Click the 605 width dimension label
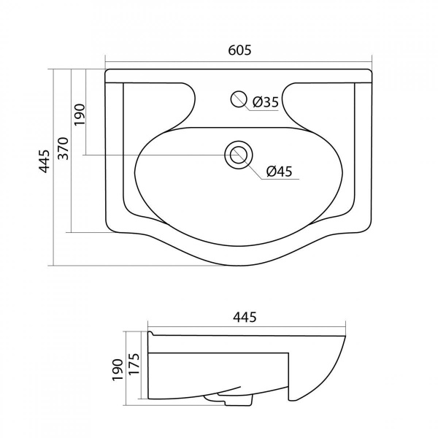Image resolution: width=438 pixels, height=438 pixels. (x=239, y=50)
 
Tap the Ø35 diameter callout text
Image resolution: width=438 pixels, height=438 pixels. (x=266, y=102)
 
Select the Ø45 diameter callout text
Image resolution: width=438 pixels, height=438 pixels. (x=279, y=172)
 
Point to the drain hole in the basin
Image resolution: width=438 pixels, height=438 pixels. (x=239, y=155)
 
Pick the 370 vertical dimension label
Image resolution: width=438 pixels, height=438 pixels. (x=64, y=148)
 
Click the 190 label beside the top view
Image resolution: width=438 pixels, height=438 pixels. (x=79, y=115)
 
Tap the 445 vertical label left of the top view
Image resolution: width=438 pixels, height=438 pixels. (x=44, y=161)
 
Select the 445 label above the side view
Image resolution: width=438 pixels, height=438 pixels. (x=245, y=317)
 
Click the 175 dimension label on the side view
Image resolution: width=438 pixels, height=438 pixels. (x=134, y=364)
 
